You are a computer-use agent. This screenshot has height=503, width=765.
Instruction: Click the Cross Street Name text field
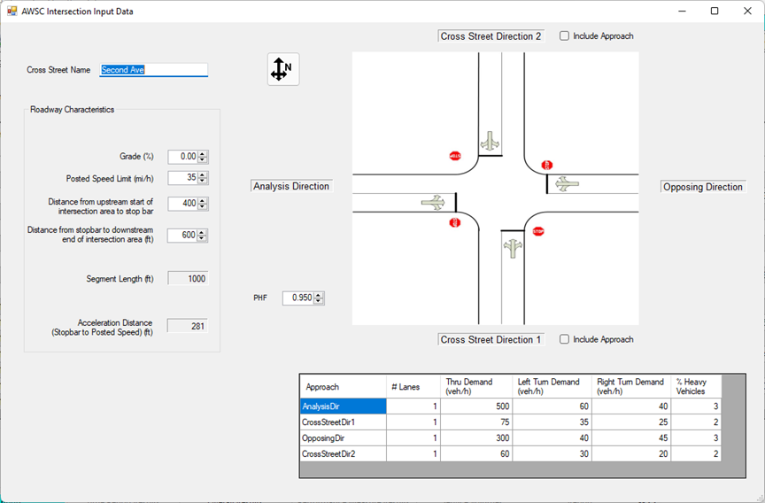click(153, 70)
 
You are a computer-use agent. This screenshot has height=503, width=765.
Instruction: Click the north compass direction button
click(283, 69)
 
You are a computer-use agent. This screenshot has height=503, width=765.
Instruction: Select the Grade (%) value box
click(182, 157)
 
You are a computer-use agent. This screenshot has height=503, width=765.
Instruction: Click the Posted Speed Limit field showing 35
click(182, 178)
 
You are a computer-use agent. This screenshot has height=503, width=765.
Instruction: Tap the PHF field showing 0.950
click(298, 298)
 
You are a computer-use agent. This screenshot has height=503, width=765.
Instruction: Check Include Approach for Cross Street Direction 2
click(565, 36)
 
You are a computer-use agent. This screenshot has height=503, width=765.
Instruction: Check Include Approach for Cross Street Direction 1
click(565, 339)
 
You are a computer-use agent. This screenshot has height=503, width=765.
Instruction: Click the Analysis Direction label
click(291, 187)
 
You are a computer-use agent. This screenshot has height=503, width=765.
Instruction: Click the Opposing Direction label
click(704, 187)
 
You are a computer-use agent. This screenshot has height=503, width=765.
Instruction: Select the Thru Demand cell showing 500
click(475, 406)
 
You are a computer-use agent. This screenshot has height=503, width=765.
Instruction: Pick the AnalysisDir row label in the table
click(343, 406)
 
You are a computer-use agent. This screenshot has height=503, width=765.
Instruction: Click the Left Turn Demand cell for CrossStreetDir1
click(551, 422)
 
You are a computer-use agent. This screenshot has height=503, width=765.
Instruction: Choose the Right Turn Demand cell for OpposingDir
click(630, 438)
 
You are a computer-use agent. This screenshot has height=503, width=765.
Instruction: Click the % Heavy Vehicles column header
click(696, 386)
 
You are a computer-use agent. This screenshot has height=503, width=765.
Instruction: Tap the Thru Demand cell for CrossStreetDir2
click(475, 454)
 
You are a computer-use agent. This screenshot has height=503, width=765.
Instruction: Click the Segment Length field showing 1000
click(188, 279)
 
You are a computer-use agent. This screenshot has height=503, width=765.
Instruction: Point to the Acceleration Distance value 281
click(188, 327)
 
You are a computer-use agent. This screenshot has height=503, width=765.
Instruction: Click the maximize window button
click(715, 12)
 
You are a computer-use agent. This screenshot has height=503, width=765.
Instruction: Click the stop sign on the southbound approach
click(455, 156)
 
